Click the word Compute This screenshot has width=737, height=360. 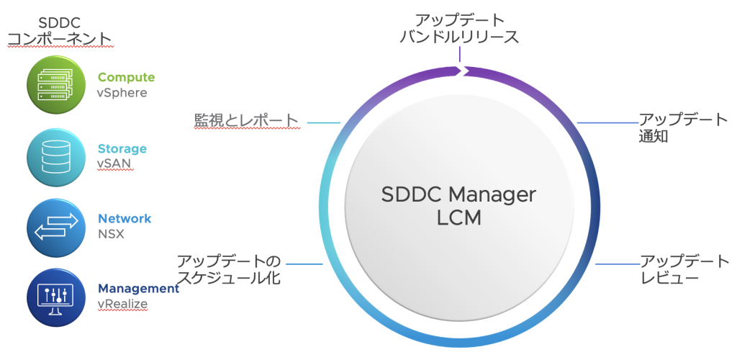point(126,78)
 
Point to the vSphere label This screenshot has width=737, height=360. point(122,93)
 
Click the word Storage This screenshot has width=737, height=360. point(122,149)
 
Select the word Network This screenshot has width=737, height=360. point(125,218)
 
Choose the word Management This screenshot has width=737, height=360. point(138,289)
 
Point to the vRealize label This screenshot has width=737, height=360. point(122,304)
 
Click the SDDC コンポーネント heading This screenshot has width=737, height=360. point(59,30)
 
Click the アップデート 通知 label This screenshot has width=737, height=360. point(682,127)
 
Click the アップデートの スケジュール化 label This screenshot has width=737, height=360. point(229,269)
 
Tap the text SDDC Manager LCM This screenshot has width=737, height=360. point(458,207)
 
